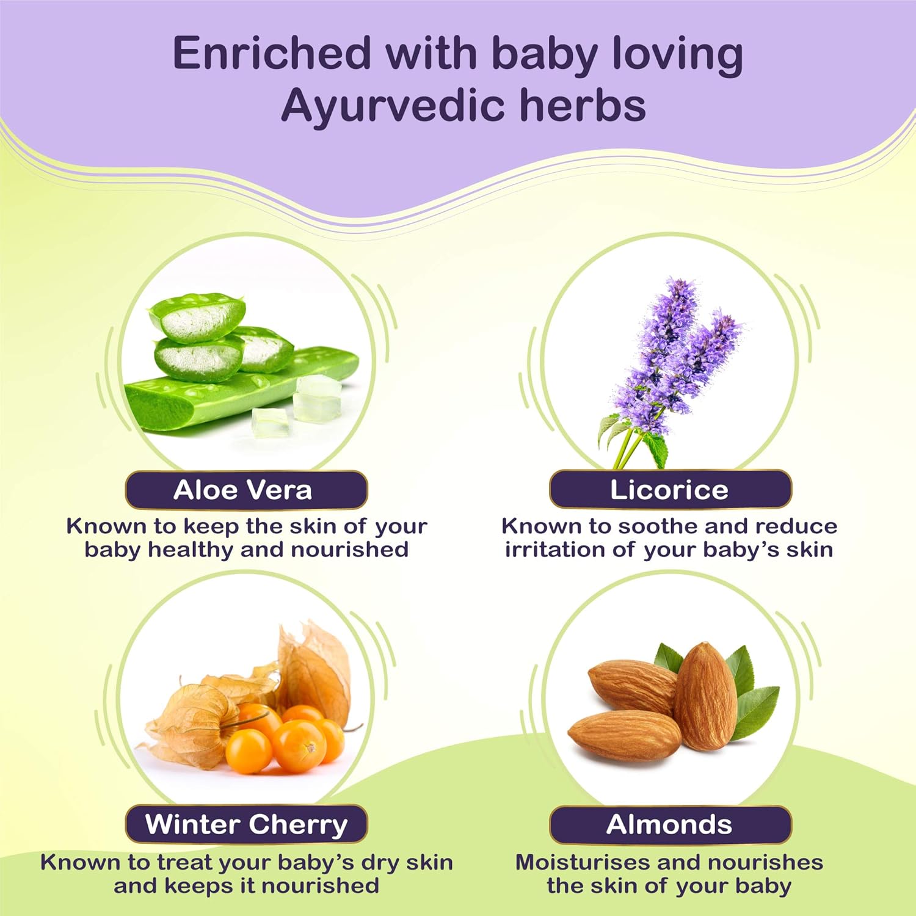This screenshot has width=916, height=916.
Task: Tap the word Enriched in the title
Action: pos(272,54)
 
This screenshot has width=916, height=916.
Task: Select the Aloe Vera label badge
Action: pos(246,490)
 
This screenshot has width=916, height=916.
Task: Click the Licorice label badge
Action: pos(670,490)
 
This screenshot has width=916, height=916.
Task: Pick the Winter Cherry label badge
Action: pos(246,824)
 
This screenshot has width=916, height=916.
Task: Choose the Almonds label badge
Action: pos(670,824)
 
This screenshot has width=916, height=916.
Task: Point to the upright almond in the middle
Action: pos(705,696)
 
